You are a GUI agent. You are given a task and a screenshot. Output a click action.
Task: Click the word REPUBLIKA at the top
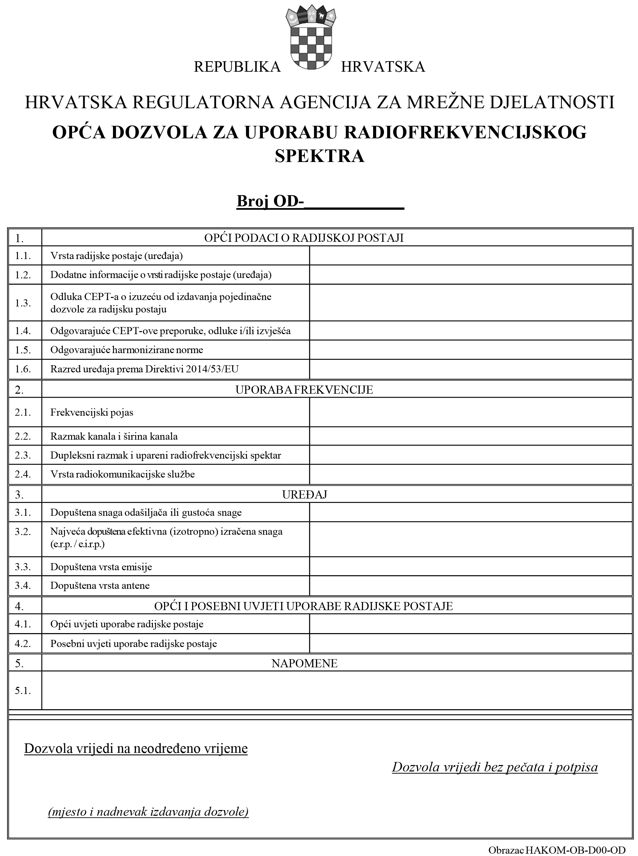[237, 67]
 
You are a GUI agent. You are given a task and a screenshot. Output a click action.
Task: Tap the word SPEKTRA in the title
[319, 156]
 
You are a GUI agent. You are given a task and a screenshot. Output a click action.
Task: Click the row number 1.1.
[23, 256]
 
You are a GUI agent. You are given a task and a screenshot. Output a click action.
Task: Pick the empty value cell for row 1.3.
[471, 303]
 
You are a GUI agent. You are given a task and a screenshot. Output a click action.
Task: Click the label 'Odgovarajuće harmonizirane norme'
[127, 350]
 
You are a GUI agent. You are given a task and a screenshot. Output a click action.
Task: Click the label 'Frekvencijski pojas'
[92, 412]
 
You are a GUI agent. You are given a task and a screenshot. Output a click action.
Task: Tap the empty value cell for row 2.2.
[471, 436]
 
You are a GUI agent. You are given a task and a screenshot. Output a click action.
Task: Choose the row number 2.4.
[23, 474]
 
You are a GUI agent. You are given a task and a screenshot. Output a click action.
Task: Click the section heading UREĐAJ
[304, 495]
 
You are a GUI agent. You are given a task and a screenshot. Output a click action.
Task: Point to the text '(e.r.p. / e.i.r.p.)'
[77, 544]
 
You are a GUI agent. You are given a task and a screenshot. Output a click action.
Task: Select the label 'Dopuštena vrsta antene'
[100, 586]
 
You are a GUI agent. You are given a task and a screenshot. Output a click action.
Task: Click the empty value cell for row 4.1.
[471, 624]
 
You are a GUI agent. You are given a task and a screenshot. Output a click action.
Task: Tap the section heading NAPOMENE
[304, 663]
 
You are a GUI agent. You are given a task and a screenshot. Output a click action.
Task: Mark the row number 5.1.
[23, 690]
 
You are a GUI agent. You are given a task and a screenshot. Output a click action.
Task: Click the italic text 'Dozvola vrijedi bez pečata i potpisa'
[495, 767]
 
